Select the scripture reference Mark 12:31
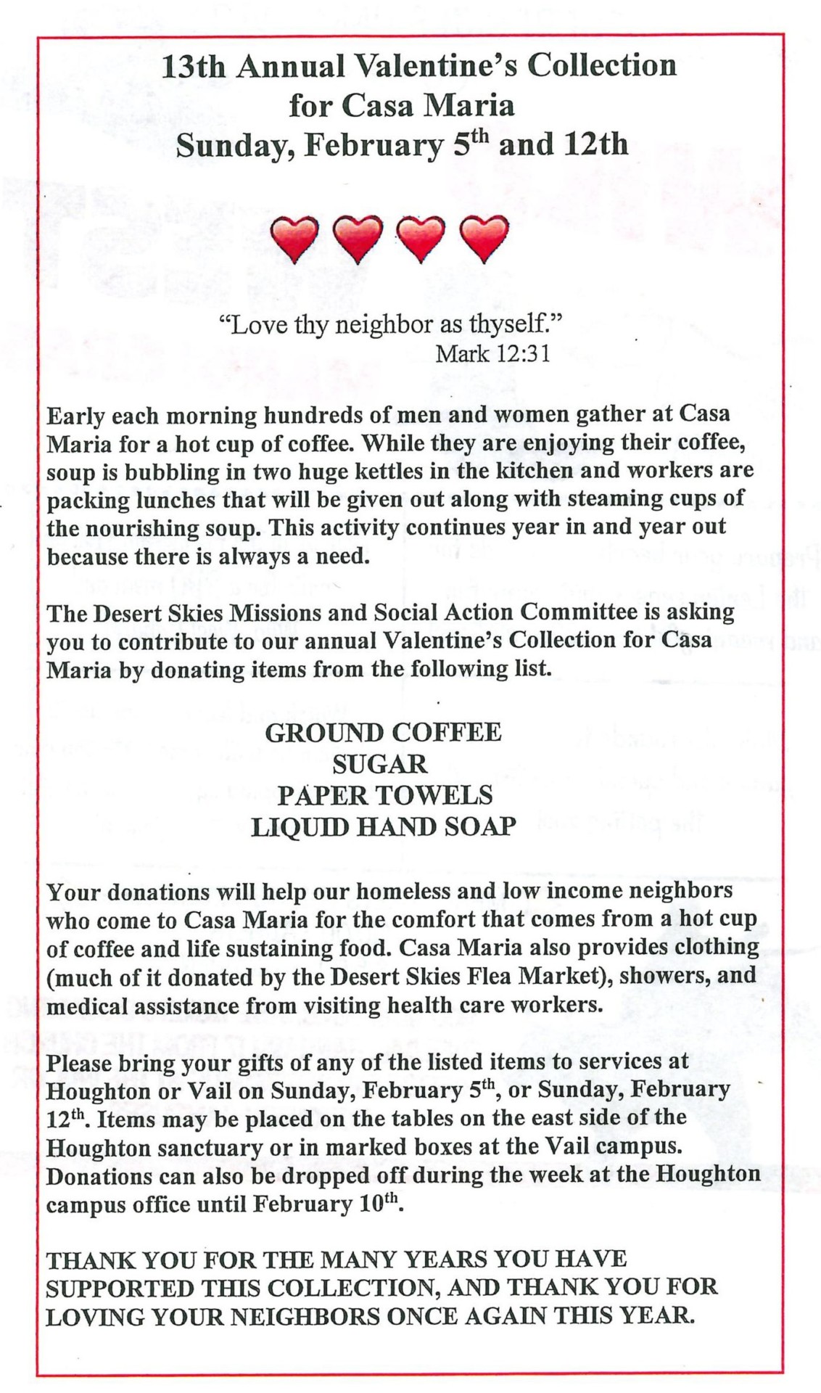click(492, 353)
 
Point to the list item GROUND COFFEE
click(383, 732)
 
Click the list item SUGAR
click(380, 764)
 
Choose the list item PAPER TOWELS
click(384, 795)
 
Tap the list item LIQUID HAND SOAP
click(383, 827)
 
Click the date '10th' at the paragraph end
click(379, 1204)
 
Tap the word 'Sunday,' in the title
click(234, 145)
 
